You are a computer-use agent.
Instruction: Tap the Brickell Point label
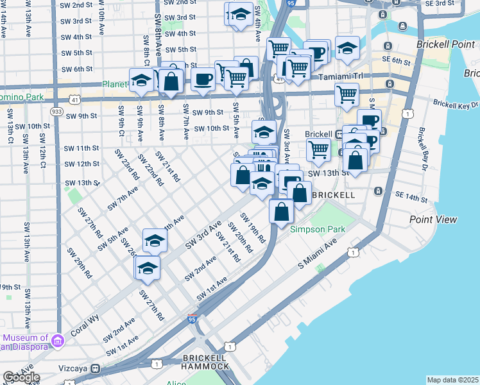click(x=443, y=45)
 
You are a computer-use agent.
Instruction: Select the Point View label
click(x=433, y=219)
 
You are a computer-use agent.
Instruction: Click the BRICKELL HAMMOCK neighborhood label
click(x=205, y=361)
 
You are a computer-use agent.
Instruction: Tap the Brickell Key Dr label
click(x=456, y=103)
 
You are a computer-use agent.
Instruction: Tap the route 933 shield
click(x=56, y=112)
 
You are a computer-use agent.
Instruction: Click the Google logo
click(x=21, y=377)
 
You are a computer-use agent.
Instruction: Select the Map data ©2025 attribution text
click(x=452, y=380)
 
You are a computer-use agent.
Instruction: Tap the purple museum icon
click(x=57, y=339)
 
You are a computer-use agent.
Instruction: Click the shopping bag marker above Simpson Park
click(x=282, y=211)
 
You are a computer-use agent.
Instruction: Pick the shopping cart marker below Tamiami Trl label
click(x=347, y=94)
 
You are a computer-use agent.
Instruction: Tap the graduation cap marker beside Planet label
click(x=140, y=81)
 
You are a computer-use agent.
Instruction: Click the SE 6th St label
click(x=398, y=61)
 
